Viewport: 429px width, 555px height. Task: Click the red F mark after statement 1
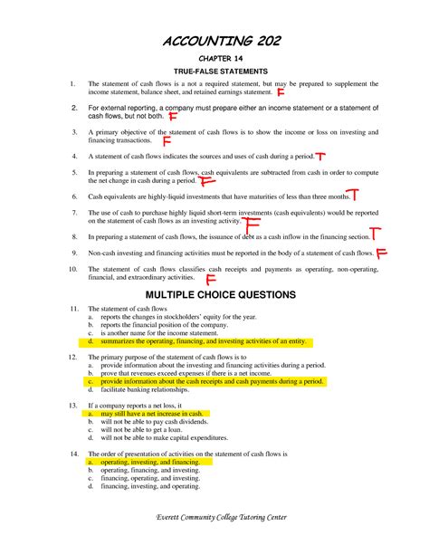coord(281,92)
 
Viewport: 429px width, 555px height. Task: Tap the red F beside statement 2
coord(172,117)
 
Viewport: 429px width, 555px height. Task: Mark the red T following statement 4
coord(322,156)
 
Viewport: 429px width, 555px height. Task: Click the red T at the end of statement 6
coord(354,194)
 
